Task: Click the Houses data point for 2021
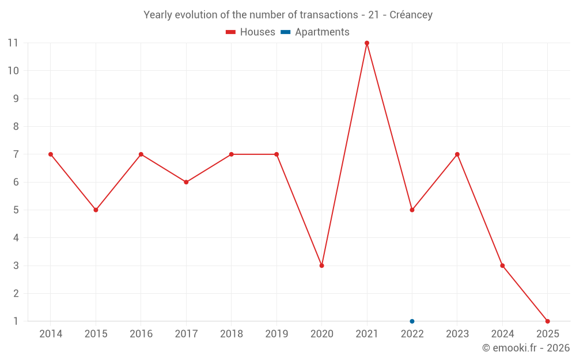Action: pos(367,43)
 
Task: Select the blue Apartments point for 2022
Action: pos(412,321)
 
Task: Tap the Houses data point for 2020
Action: pos(321,266)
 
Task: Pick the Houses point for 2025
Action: pos(547,321)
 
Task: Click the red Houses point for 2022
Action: pos(412,210)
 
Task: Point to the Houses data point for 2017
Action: pos(186,182)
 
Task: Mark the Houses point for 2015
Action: pos(96,210)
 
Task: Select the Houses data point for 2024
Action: pos(502,266)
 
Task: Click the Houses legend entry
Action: pos(251,32)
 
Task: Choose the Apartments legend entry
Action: pos(315,32)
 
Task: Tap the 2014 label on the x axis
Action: pos(51,334)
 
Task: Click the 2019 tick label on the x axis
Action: pos(276,334)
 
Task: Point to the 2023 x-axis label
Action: pos(457,334)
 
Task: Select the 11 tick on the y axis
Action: pos(13,43)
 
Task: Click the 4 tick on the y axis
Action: pos(16,238)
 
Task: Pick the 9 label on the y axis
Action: pos(16,98)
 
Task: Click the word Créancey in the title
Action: pos(411,15)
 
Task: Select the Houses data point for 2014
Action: pos(51,154)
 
